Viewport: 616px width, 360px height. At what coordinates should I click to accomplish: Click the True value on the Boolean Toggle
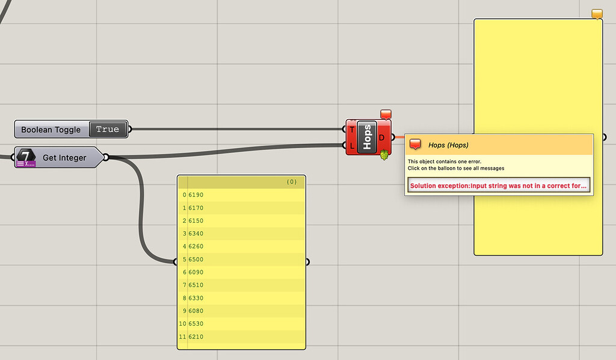pos(108,129)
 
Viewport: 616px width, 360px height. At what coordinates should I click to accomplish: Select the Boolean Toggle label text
pos(51,129)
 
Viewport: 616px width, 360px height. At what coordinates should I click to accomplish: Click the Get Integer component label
pos(64,158)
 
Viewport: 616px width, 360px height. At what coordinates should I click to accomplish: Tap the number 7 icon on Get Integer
pos(26,156)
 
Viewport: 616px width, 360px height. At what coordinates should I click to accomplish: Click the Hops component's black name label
pos(367,137)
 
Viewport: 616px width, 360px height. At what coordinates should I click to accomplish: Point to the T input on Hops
pos(351,129)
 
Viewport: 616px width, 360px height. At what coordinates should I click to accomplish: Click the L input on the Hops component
pos(351,145)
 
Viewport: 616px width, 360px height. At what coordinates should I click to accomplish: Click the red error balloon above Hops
pos(386,114)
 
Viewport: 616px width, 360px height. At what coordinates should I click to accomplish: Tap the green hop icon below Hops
pos(384,155)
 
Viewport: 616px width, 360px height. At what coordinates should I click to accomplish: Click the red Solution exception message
pos(497,185)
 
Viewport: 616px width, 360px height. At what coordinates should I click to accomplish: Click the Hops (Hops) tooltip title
pos(448,144)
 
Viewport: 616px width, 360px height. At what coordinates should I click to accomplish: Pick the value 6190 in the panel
pos(196,195)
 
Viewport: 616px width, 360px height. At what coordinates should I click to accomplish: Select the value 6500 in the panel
pos(196,259)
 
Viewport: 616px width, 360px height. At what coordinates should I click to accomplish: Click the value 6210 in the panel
pos(196,337)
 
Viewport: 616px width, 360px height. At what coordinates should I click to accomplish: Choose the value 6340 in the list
pos(196,234)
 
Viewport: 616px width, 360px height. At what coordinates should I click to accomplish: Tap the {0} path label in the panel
pos(292,181)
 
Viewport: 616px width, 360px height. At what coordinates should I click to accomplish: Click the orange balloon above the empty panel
pos(597,13)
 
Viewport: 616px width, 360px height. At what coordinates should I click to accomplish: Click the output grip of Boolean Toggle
pos(130,129)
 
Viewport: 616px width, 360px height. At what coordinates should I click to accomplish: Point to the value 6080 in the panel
pos(196,311)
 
